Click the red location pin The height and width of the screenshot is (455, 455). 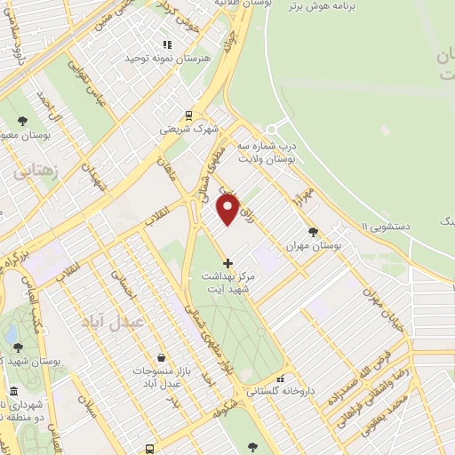pyautogui.click(x=228, y=209)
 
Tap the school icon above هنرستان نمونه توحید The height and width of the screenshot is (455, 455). pyautogui.click(x=165, y=45)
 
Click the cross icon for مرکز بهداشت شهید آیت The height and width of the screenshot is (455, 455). pyautogui.click(x=227, y=263)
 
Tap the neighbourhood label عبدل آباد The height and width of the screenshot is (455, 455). pyautogui.click(x=112, y=320)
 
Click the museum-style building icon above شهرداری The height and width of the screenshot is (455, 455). pyautogui.click(x=12, y=392)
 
